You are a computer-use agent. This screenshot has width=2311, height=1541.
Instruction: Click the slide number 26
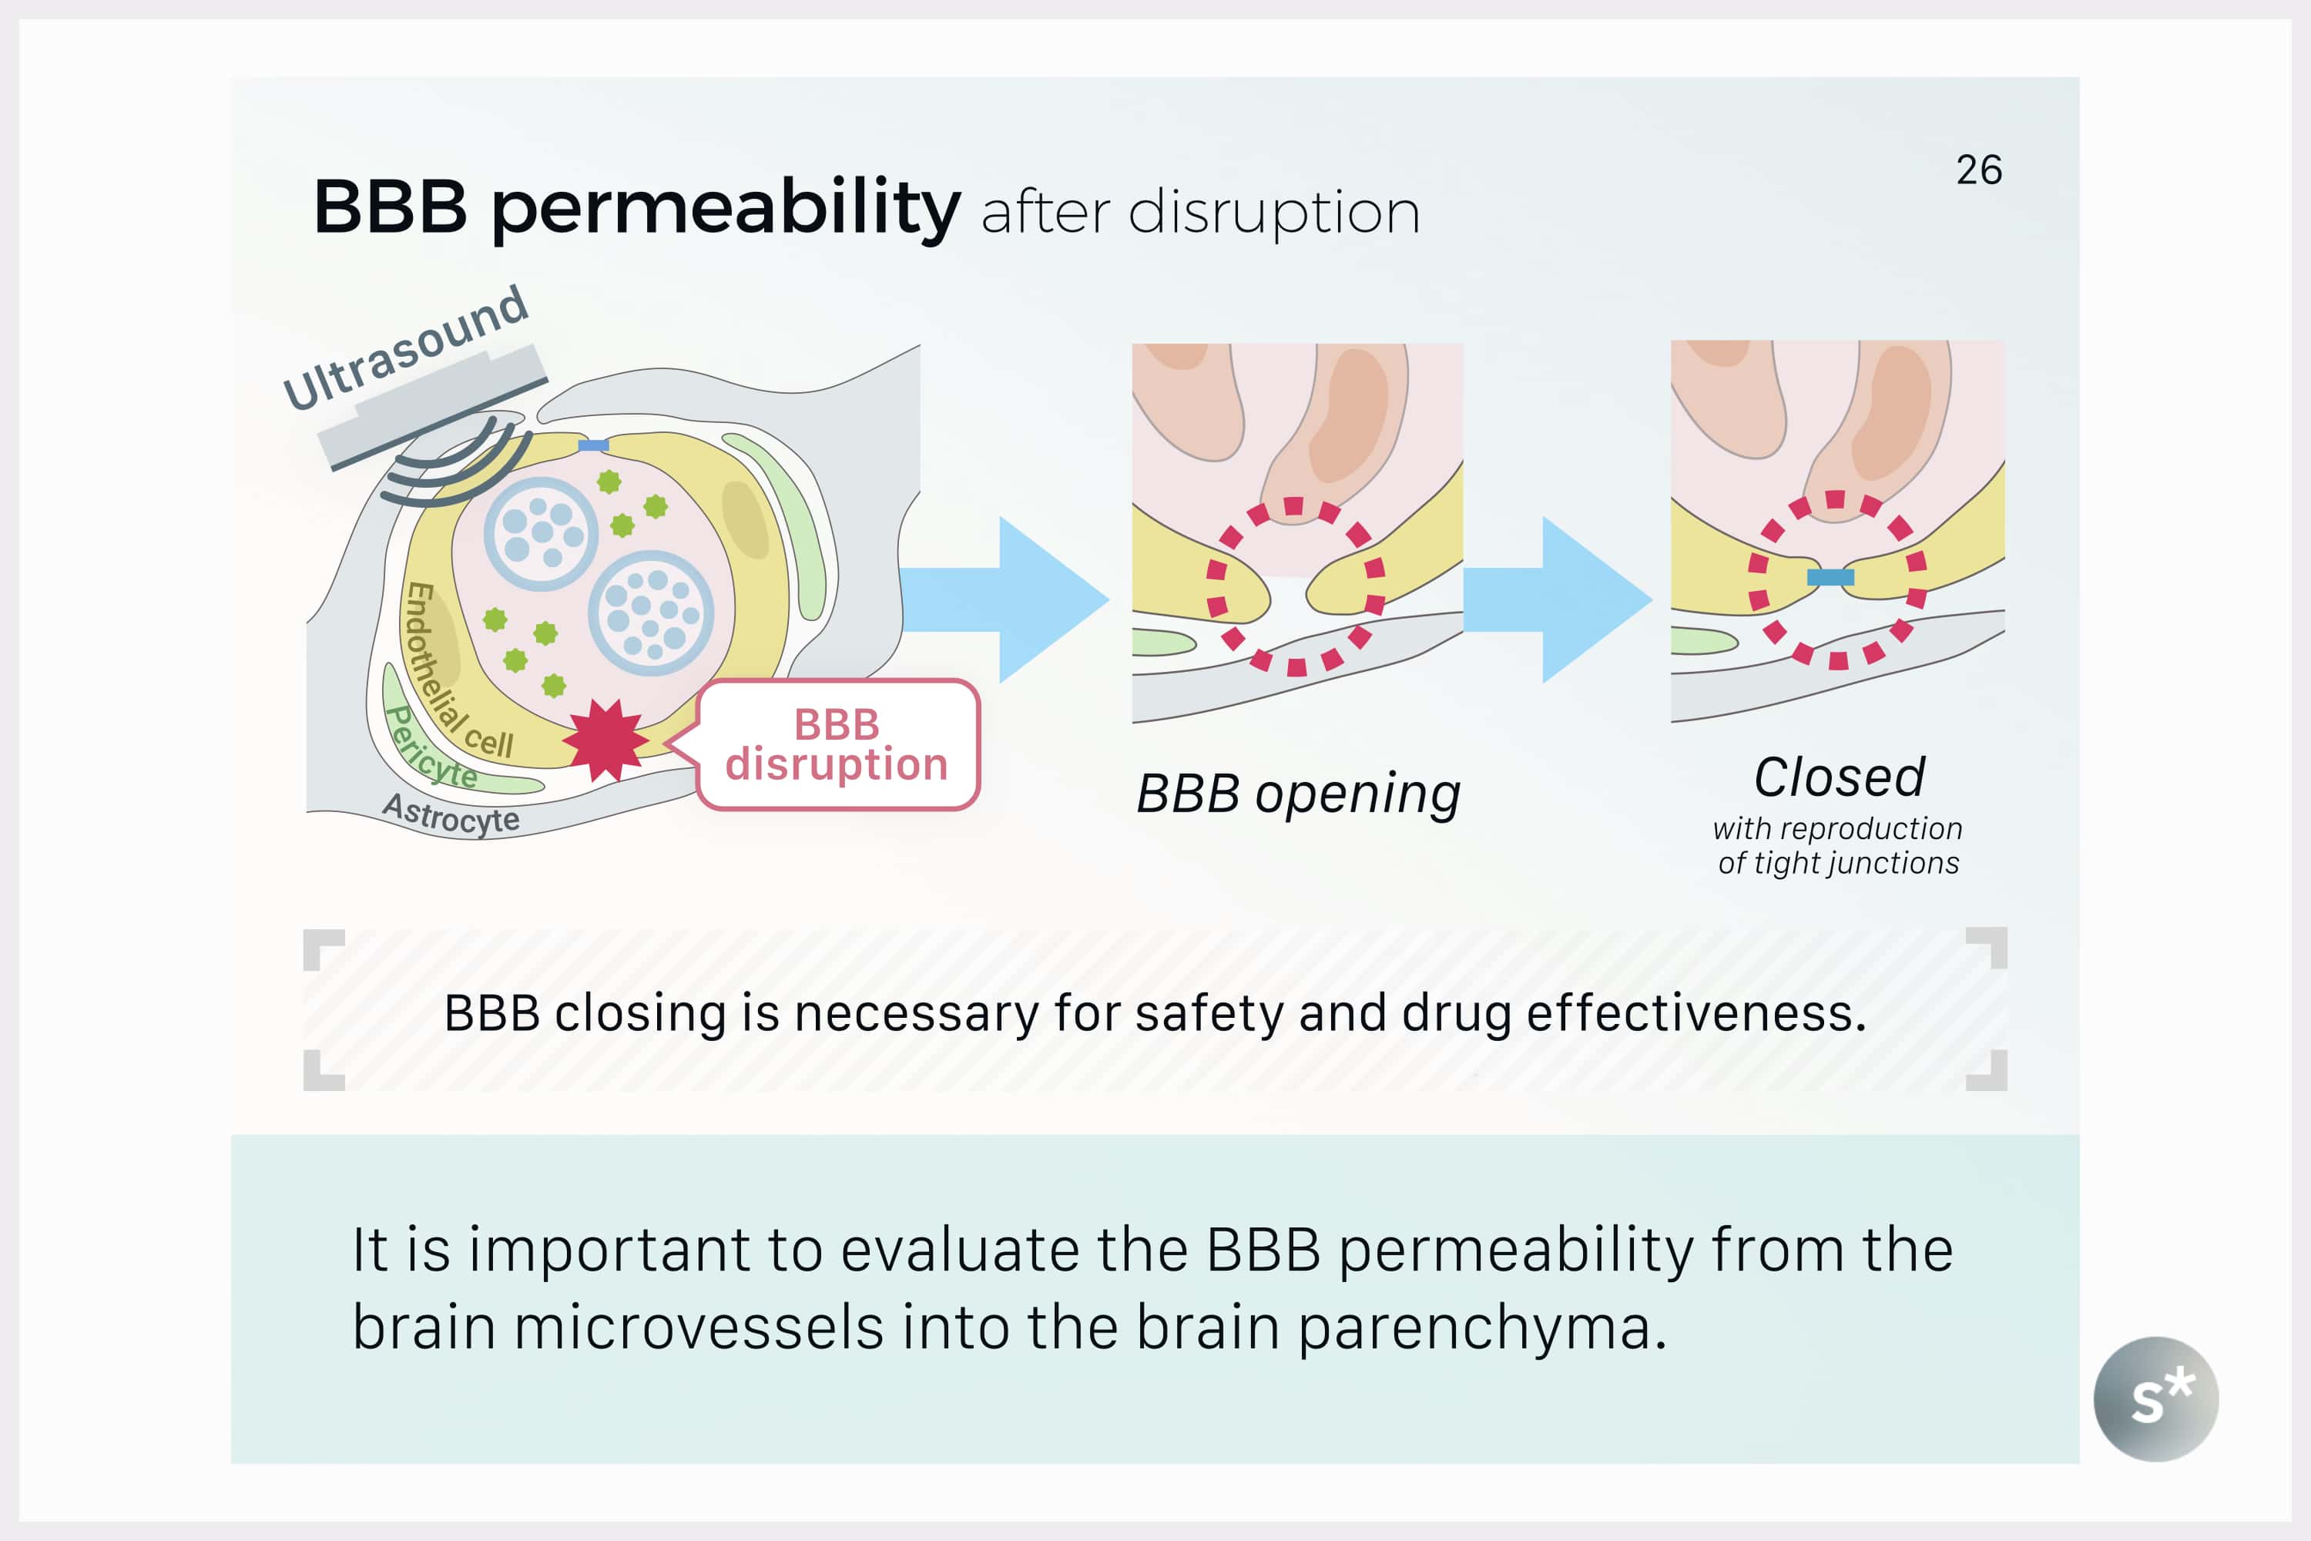[1979, 170]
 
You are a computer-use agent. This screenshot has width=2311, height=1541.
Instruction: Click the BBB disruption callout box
[837, 745]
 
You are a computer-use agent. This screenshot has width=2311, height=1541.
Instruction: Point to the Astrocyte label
[451, 814]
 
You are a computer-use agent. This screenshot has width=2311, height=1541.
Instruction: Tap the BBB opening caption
[1298, 794]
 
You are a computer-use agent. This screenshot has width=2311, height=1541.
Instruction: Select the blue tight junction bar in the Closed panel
[1830, 578]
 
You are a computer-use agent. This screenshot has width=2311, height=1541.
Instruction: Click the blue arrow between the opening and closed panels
[1558, 599]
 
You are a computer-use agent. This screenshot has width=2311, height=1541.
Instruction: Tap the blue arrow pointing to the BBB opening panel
[1005, 599]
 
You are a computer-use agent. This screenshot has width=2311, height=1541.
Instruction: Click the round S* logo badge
[2155, 1398]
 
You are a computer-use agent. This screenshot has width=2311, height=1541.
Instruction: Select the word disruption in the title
[1273, 213]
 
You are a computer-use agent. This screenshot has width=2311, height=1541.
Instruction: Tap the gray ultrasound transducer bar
[433, 406]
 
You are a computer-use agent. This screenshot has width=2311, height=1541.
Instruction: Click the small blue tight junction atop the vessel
[593, 445]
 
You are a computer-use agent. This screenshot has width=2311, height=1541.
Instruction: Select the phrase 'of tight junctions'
[1838, 863]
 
